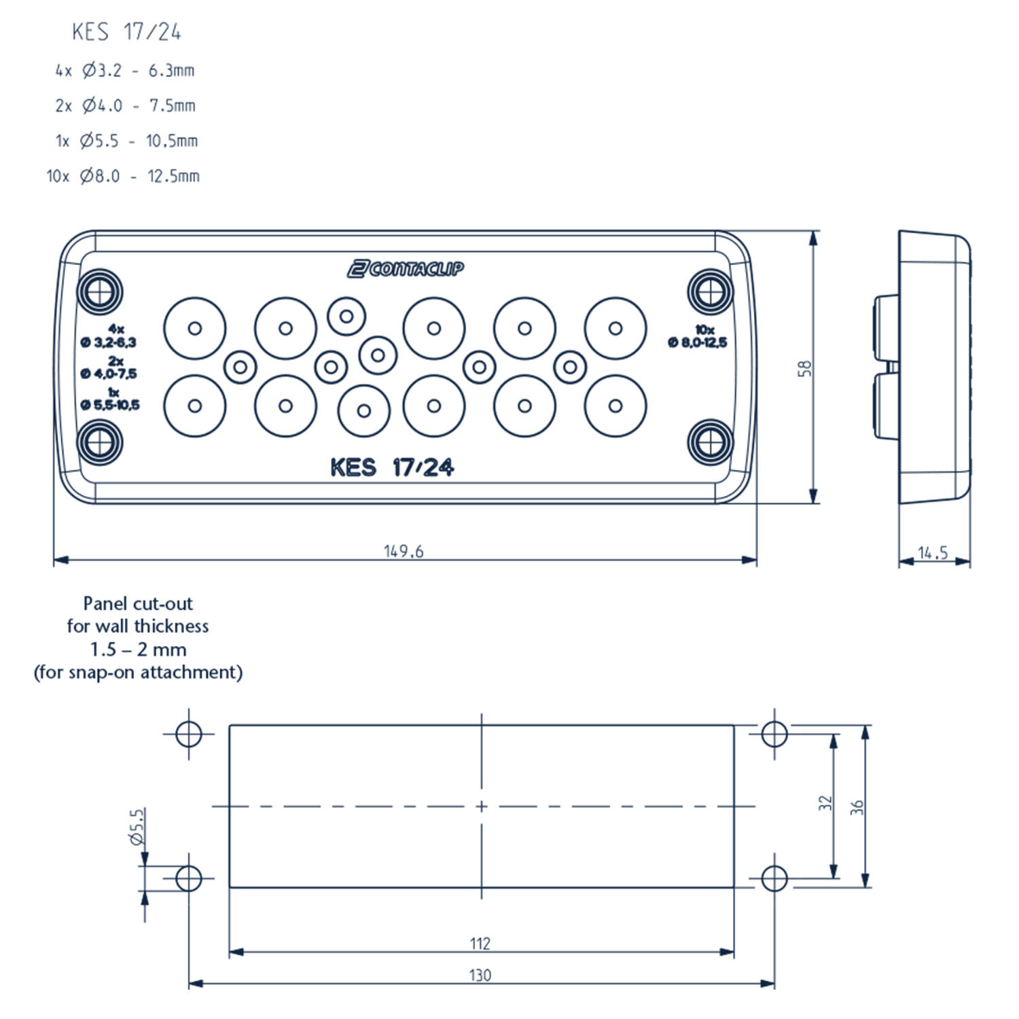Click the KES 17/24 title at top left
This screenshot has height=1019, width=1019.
(126, 32)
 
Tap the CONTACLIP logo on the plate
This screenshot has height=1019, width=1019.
(406, 269)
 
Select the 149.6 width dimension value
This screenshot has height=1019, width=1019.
(404, 551)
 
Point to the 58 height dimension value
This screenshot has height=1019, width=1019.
(805, 368)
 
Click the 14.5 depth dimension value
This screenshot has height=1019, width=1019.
(933, 553)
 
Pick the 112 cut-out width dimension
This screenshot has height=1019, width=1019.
(480, 943)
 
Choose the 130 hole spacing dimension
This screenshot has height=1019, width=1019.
(480, 975)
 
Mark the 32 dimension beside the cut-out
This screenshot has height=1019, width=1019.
(825, 803)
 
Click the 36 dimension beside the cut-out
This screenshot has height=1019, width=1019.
(857, 807)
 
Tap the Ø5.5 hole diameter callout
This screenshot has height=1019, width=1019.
(137, 826)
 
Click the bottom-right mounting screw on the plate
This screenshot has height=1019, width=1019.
(711, 442)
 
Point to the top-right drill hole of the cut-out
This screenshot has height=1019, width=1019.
(774, 734)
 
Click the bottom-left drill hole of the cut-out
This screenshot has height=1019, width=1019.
(188, 878)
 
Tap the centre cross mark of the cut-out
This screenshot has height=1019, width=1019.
(481, 806)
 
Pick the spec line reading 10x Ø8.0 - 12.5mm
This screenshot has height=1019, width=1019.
(123, 176)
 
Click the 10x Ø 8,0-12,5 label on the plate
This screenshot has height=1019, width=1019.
(698, 337)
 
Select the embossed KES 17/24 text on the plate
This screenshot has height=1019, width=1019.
(392, 467)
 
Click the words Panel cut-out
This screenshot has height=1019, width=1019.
(138, 603)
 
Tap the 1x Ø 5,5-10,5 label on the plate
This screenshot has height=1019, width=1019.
(110, 399)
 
